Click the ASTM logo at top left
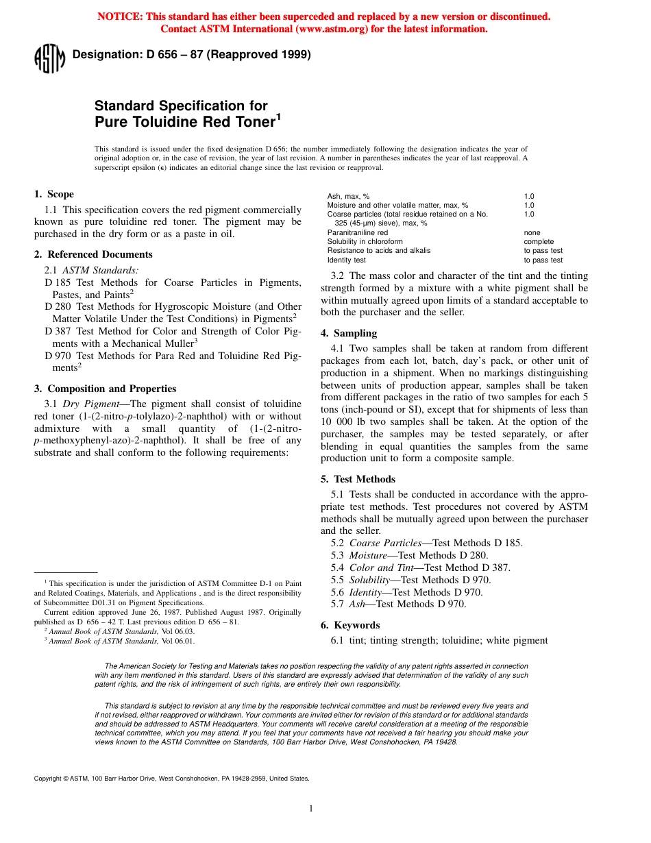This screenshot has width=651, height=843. pyautogui.click(x=49, y=58)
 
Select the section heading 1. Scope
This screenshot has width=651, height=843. pyautogui.click(x=54, y=194)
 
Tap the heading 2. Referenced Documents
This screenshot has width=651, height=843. pyautogui.click(x=93, y=254)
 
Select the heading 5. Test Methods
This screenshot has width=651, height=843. pyautogui.click(x=358, y=479)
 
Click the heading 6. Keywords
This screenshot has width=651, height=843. pyautogui.click(x=350, y=625)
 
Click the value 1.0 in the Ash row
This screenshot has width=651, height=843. pyautogui.click(x=529, y=197)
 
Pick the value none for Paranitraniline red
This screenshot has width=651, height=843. pyautogui.click(x=532, y=233)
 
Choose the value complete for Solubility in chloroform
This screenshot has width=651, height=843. pyautogui.click(x=539, y=242)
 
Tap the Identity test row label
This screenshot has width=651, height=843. pyautogui.click(x=346, y=260)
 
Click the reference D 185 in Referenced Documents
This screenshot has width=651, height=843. pyautogui.click(x=58, y=282)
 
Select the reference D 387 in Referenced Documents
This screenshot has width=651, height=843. pyautogui.click(x=58, y=331)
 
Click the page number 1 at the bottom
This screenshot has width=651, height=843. pyautogui.click(x=310, y=809)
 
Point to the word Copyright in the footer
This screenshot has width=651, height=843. pyautogui.click(x=47, y=779)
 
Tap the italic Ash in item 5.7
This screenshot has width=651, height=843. pyautogui.click(x=362, y=604)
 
